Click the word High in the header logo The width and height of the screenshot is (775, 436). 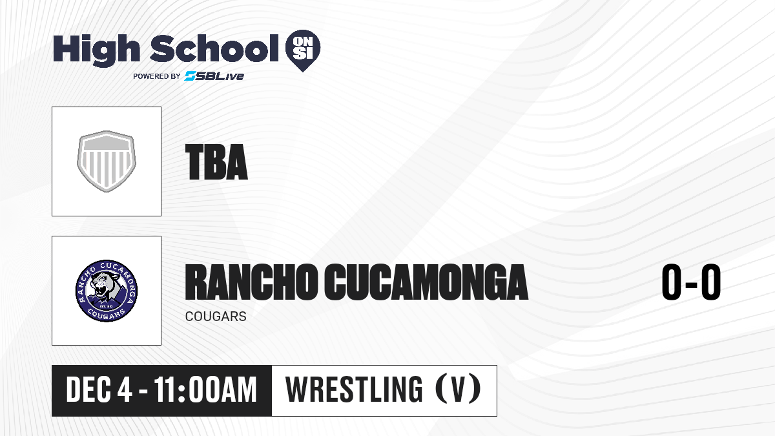pos(97,50)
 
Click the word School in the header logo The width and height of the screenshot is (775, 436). pos(214,48)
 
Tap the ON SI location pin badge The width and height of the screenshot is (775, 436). pos(303,50)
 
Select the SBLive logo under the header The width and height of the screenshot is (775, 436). pos(214,76)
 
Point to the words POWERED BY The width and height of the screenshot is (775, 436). pos(157,76)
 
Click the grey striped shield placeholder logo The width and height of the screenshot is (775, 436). pos(107,161)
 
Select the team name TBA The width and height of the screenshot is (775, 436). pos(216,162)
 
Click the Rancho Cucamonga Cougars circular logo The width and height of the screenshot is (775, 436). pos(107,291)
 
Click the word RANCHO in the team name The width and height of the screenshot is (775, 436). pos(251,282)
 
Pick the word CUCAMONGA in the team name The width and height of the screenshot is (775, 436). pos(426,282)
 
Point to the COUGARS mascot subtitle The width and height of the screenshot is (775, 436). pos(216,317)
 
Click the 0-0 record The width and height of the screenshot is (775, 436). pos(691,282)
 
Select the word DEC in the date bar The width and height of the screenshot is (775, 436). pos(88,390)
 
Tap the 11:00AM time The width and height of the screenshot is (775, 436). pos(205,390)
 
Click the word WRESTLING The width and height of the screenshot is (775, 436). pos(354,389)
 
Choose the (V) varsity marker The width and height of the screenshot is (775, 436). pos(458,389)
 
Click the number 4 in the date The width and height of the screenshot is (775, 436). pos(125,390)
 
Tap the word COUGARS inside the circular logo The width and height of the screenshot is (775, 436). pos(106,314)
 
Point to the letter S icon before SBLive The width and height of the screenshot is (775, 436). pos(191,76)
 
